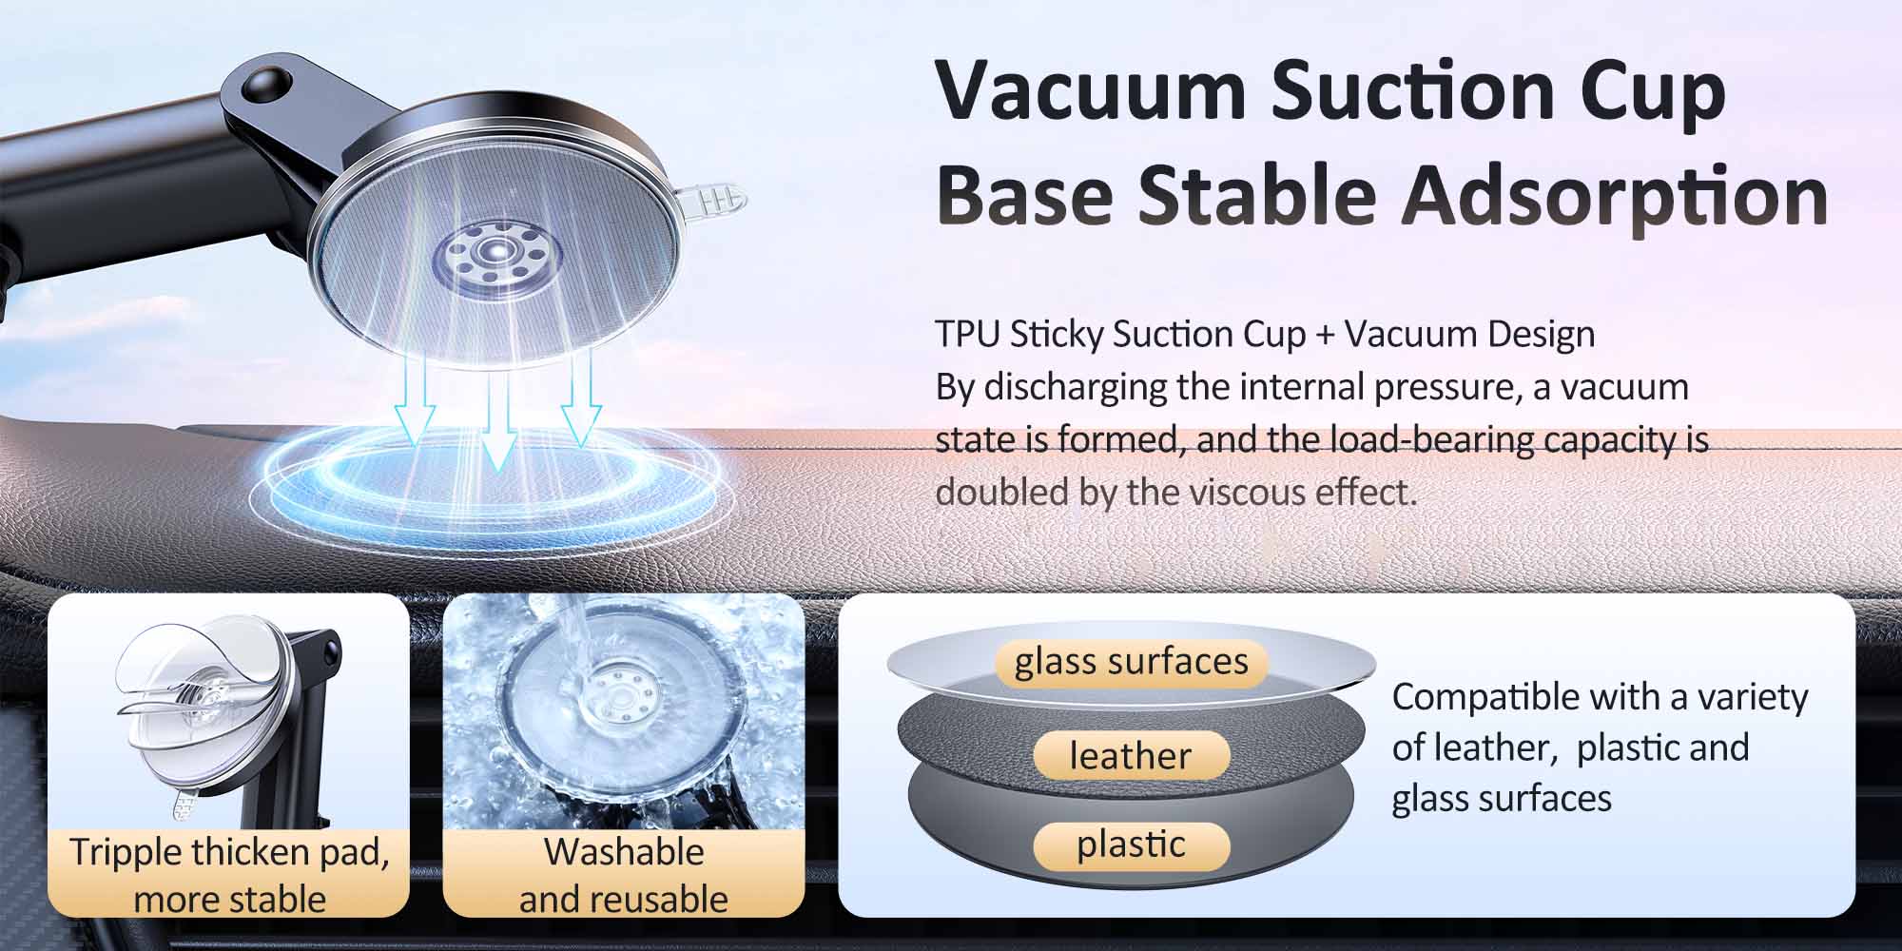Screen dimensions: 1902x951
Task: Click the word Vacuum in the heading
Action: click(x=1090, y=90)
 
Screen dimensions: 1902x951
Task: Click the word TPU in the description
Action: click(x=966, y=335)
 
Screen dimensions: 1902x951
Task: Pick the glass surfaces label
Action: click(x=1131, y=661)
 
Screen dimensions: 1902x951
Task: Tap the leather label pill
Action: click(x=1131, y=755)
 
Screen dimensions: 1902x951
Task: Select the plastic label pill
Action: click(x=1131, y=844)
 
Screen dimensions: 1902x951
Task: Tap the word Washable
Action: click(x=624, y=852)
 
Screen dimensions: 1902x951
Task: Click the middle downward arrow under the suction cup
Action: click(x=496, y=419)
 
